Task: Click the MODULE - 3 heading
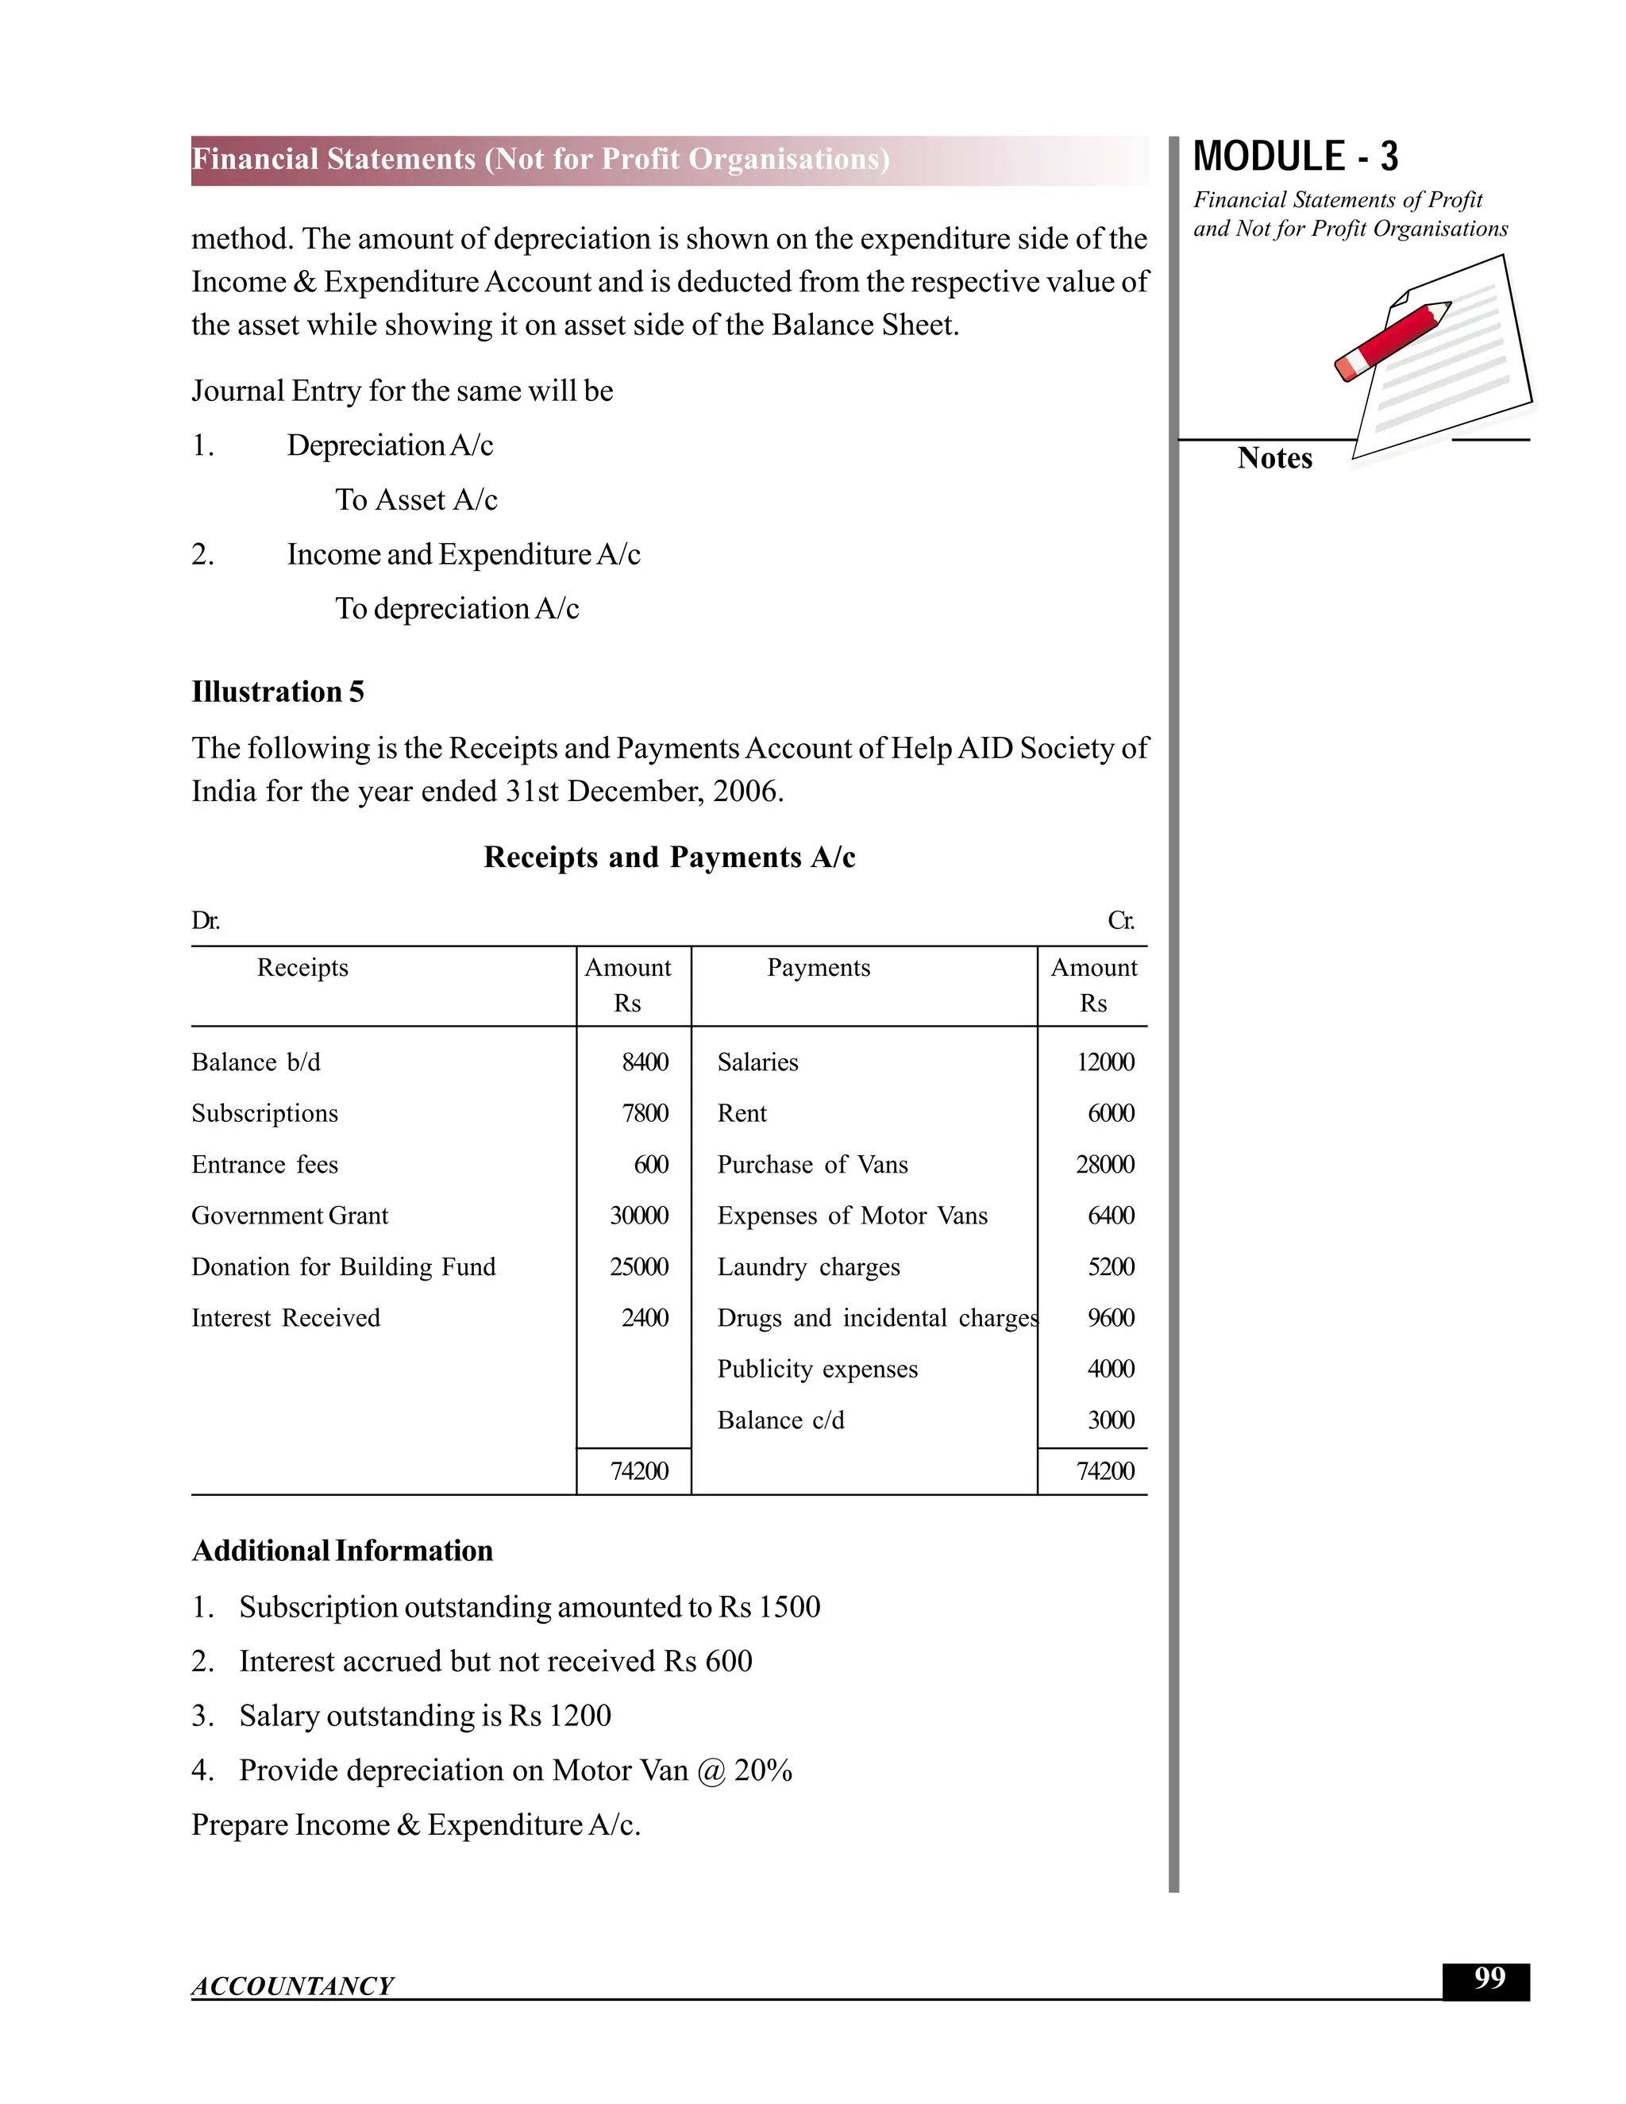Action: click(x=1295, y=157)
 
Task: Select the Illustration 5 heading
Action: click(x=277, y=692)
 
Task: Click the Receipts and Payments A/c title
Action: click(x=669, y=857)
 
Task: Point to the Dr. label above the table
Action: click(x=205, y=921)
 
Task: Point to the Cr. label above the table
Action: click(x=1120, y=921)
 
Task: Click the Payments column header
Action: click(x=818, y=967)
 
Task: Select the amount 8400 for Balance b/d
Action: click(x=645, y=1062)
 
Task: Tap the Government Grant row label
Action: click(x=289, y=1215)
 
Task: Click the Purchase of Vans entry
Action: click(x=812, y=1164)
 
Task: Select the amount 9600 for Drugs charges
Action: click(x=1111, y=1317)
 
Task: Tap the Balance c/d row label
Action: click(x=780, y=1420)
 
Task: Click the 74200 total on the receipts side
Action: click(x=638, y=1471)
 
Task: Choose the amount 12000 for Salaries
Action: click(x=1105, y=1062)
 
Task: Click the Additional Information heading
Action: click(x=342, y=1550)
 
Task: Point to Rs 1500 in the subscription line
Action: click(x=769, y=1607)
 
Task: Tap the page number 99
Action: click(x=1489, y=1978)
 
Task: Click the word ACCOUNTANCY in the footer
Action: click(x=292, y=1986)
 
